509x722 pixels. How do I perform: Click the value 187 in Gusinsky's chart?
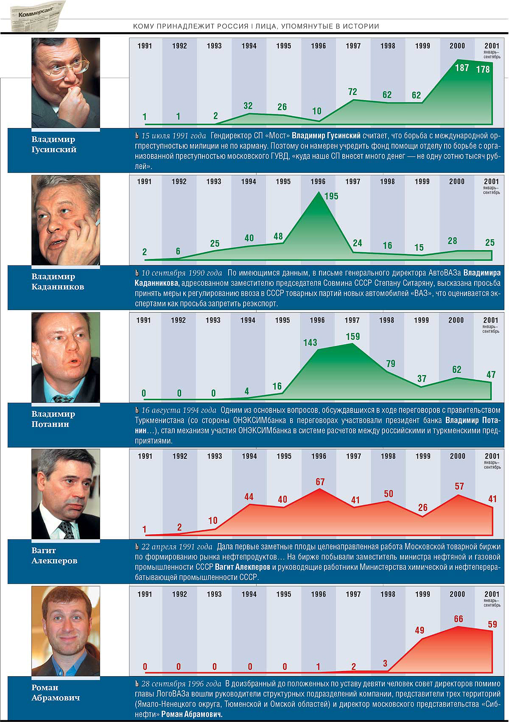tap(462, 67)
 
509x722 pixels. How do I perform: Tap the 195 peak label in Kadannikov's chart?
tap(331, 196)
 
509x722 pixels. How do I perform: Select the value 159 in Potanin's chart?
tap(352, 337)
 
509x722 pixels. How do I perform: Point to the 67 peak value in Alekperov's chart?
tap(320, 482)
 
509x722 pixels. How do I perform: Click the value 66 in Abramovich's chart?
tap(459, 619)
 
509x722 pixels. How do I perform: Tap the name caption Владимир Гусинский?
tap(54, 144)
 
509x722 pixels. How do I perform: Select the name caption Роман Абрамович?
tap(55, 692)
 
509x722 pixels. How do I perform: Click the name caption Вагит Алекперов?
tap(54, 555)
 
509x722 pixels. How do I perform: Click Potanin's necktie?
tap(63, 399)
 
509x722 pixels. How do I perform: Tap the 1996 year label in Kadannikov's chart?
tap(318, 181)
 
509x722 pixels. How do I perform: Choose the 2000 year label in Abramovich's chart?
tap(457, 594)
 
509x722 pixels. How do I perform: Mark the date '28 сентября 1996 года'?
tap(181, 684)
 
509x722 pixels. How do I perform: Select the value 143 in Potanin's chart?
tap(310, 343)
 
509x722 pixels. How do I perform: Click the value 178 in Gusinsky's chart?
tap(483, 69)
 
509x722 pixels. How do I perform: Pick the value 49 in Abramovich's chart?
tap(420, 630)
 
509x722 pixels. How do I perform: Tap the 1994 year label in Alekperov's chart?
tap(249, 456)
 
